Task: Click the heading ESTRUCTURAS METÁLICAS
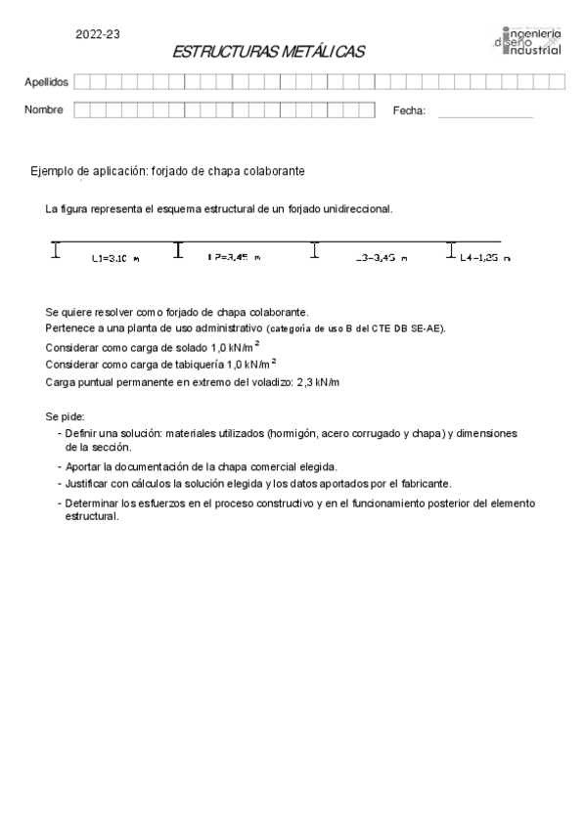267,52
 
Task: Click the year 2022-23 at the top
98,34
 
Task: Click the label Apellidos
46,82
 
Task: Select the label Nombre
44,110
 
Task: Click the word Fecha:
409,111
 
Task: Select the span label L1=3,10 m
114,258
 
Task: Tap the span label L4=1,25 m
484,258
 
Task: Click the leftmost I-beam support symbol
56,250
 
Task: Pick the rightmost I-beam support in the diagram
451,250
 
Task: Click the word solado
190,347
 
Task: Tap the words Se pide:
65,416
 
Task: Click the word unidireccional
351,209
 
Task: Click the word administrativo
225,329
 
